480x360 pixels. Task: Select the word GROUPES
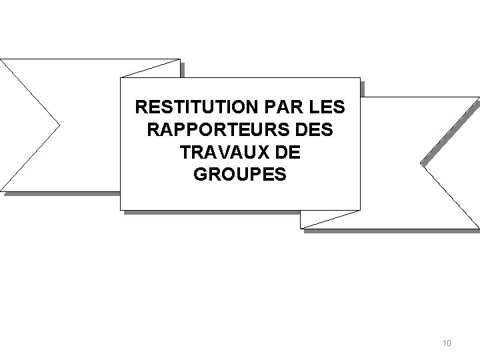click(x=240, y=175)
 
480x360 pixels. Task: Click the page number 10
click(x=447, y=343)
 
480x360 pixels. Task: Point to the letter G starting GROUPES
click(x=200, y=175)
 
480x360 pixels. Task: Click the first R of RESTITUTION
click(x=140, y=107)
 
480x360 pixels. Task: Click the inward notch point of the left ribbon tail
click(x=60, y=125)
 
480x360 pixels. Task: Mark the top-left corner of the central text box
click(x=121, y=77)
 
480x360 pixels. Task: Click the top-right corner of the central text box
click(x=359, y=77)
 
